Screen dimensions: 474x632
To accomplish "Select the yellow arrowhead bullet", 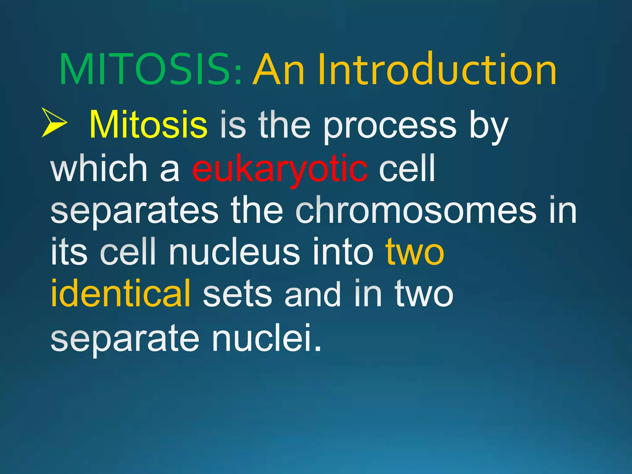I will click(54, 123).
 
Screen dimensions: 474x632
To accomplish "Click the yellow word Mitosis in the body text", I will click(148, 125).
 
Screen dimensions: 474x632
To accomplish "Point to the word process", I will click(389, 127).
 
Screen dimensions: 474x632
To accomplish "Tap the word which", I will click(99, 168).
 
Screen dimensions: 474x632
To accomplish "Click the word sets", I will click(237, 295).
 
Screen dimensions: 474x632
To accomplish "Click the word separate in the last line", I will click(125, 339).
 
